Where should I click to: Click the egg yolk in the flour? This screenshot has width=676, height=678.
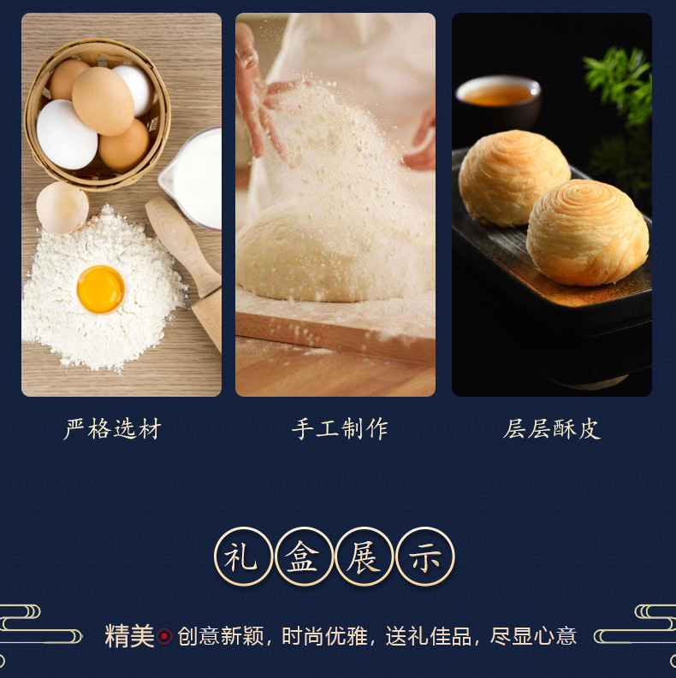pos(101,289)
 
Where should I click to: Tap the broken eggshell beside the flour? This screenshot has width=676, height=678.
pos(62,208)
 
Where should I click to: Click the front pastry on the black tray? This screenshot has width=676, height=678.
pos(587,233)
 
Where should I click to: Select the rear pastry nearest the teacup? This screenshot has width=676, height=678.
pos(513,178)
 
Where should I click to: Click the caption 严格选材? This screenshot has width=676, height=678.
pos(112,429)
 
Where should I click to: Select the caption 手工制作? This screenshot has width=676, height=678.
pos(340,429)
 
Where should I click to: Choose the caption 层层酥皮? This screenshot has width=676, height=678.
pos(552,429)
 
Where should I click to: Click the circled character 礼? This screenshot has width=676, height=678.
pos(243,556)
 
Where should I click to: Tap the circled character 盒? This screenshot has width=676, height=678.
pos(304,556)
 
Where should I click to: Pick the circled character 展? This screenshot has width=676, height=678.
pos(364,556)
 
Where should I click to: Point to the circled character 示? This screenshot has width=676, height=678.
pos(425,556)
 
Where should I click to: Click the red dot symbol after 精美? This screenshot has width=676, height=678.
pos(164,636)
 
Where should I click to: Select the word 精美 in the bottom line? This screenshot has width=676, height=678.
pos(129,636)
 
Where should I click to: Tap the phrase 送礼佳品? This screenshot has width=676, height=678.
pos(429,636)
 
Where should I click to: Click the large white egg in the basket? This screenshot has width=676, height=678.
pos(67,134)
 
